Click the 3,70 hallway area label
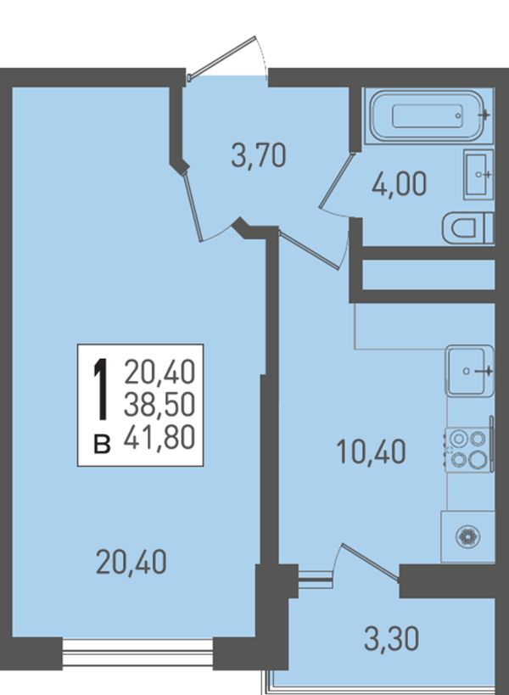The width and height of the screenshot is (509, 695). click(x=259, y=156)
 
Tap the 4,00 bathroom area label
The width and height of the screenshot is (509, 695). click(x=399, y=184)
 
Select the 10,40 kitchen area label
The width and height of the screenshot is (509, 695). click(x=372, y=452)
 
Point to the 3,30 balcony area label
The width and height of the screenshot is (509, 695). click(x=392, y=640)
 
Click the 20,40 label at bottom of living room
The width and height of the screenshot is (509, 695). click(x=131, y=562)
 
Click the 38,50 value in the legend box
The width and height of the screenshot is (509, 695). click(x=159, y=404)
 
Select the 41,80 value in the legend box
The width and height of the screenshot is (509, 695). click(x=159, y=437)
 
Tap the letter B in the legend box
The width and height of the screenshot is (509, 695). click(x=102, y=445)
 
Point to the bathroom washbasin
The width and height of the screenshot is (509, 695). click(x=478, y=174)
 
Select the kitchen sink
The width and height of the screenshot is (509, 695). click(x=470, y=371)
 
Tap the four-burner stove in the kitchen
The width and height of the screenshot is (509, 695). click(x=469, y=450)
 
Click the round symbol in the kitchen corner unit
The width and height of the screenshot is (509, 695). click(x=468, y=537)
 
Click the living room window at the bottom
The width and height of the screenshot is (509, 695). click(x=137, y=652)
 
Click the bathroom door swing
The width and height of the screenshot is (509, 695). click(x=335, y=184)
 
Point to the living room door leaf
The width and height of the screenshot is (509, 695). click(x=193, y=207)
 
